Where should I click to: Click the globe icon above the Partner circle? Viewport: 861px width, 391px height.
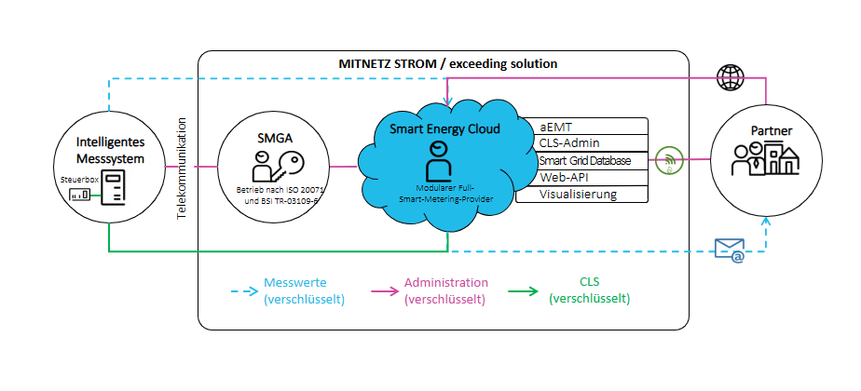click(731, 78)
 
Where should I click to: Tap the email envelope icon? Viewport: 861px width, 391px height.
click(730, 249)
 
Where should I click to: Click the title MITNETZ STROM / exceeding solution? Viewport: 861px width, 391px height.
click(447, 64)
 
